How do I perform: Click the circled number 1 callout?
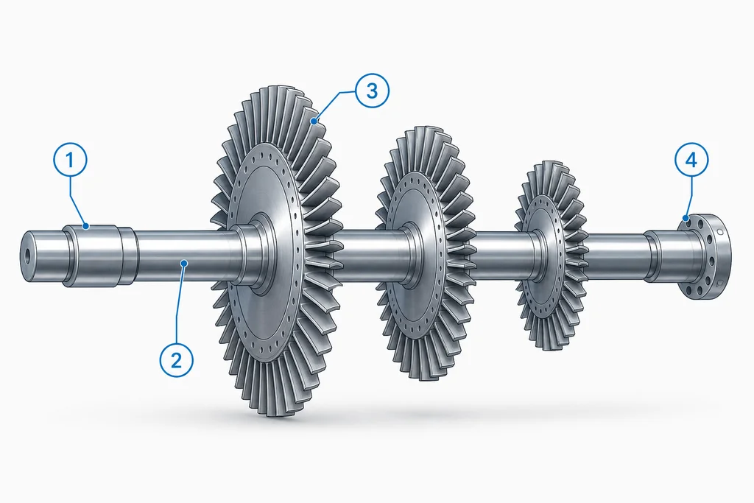(70, 160)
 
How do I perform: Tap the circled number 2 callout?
(177, 359)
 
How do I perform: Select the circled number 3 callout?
(372, 91)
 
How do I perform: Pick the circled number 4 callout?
(691, 160)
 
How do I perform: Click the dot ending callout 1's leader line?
(86, 226)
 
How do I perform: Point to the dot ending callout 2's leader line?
(183, 262)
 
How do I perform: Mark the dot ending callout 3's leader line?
(314, 122)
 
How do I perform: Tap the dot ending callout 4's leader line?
(687, 218)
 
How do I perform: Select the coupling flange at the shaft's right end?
(705, 257)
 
